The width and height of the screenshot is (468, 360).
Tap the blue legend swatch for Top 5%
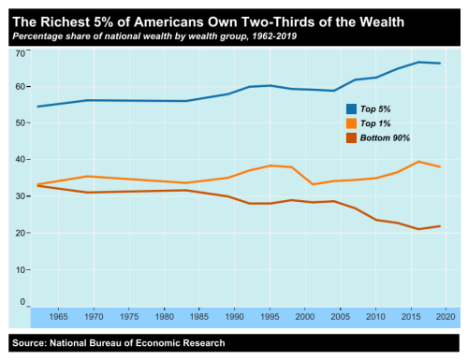click(x=352, y=108)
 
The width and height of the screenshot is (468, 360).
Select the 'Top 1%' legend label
click(x=378, y=122)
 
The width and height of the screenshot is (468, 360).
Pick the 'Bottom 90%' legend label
click(x=386, y=137)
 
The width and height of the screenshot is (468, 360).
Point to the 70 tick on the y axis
click(x=21, y=53)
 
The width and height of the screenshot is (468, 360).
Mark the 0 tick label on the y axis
click(x=23, y=302)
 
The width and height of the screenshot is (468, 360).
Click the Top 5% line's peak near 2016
click(x=418, y=62)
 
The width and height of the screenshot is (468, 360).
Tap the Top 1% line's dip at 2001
click(x=313, y=184)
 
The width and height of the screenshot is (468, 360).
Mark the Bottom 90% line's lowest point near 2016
click(x=418, y=229)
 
